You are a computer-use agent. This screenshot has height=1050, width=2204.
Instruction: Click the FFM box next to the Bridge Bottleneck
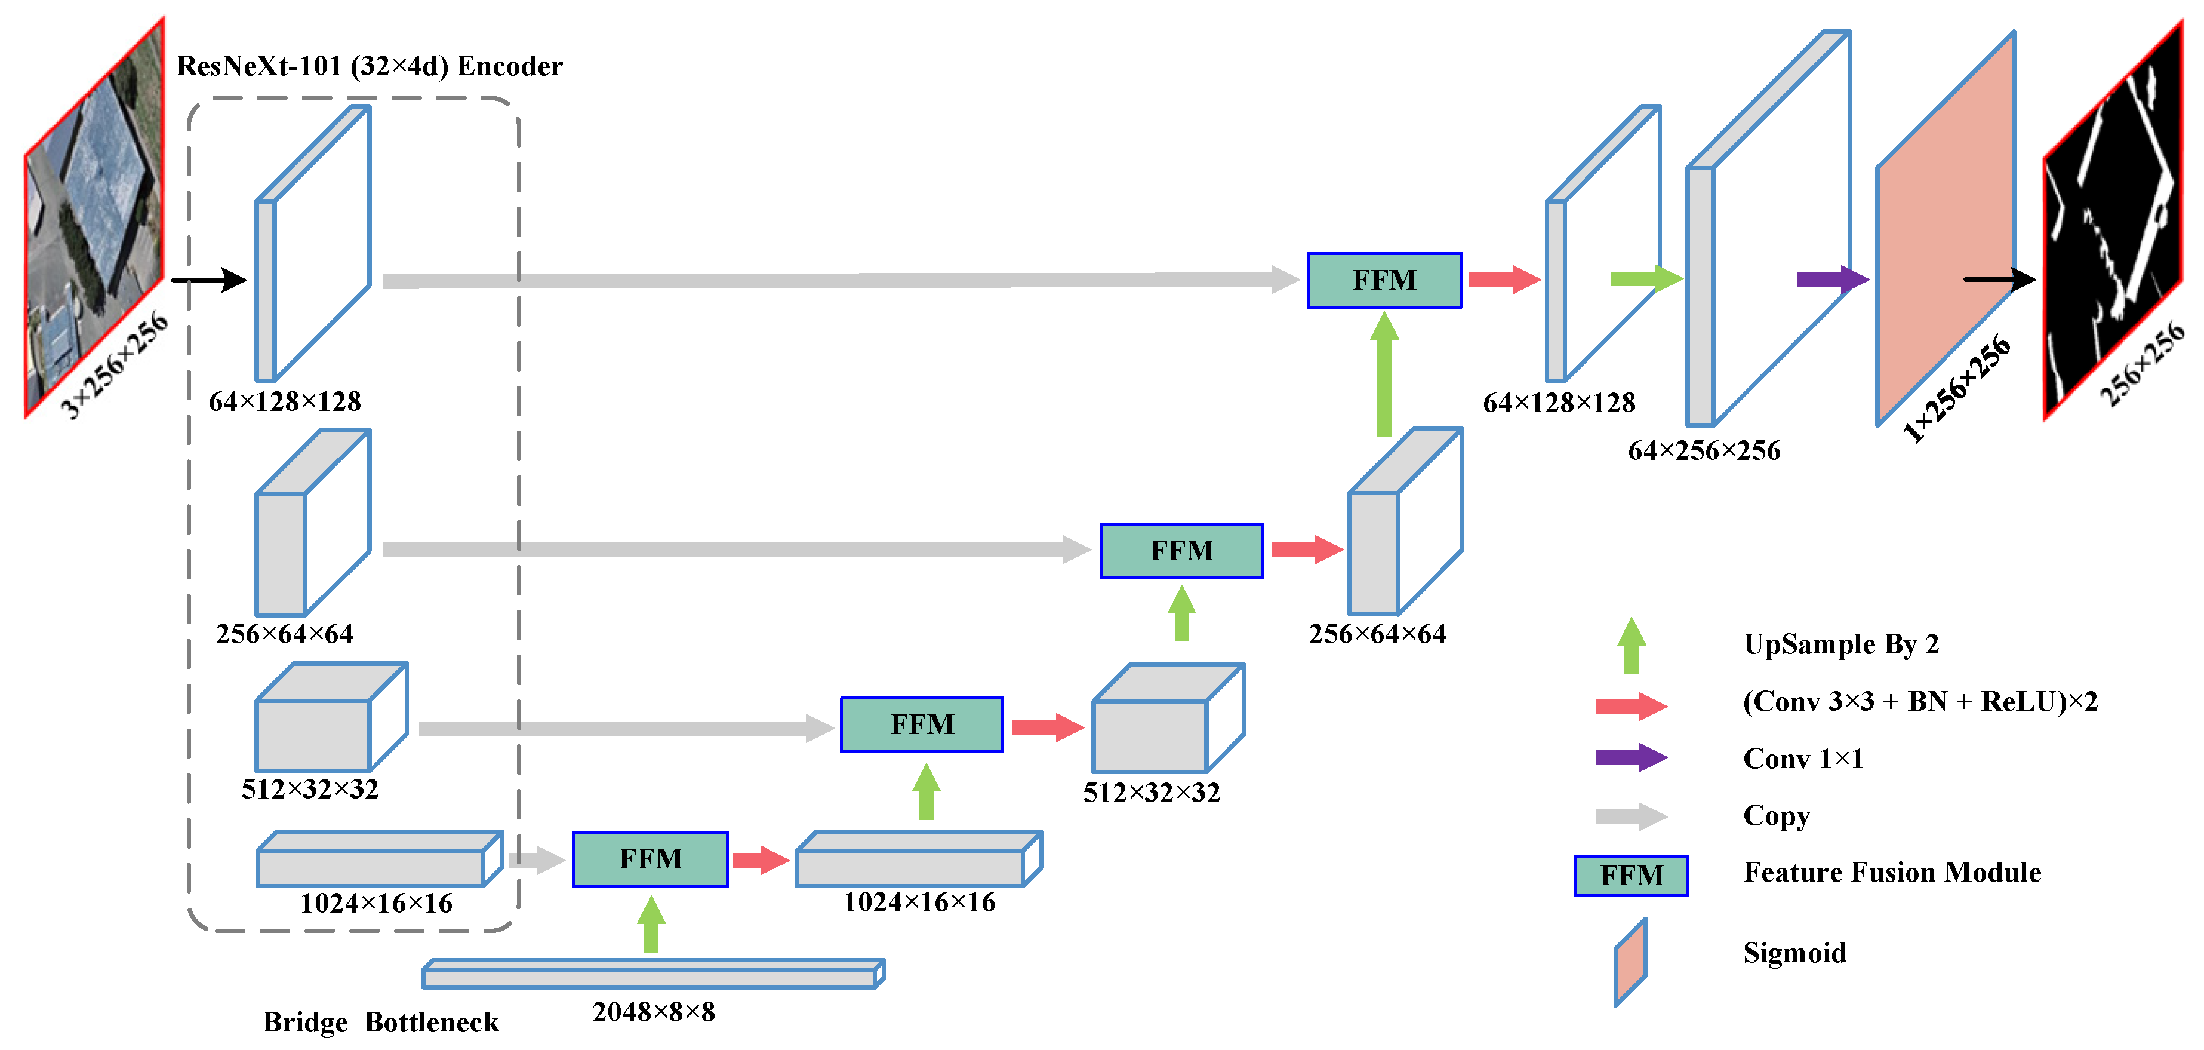pyautogui.click(x=650, y=858)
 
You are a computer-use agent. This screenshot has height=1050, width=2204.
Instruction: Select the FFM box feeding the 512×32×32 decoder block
pyautogui.click(x=922, y=725)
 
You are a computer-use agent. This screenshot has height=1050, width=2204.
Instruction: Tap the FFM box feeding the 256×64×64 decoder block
pyautogui.click(x=1181, y=550)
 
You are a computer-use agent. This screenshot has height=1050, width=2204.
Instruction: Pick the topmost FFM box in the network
pyautogui.click(x=1384, y=280)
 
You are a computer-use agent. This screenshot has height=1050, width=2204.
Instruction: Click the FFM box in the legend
pyautogui.click(x=1631, y=876)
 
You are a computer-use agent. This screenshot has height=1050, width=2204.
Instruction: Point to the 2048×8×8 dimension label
pyautogui.click(x=654, y=1012)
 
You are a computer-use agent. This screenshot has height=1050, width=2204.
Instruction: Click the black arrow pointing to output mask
pyautogui.click(x=1999, y=279)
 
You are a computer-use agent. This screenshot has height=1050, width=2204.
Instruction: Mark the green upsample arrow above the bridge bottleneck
pyautogui.click(x=651, y=924)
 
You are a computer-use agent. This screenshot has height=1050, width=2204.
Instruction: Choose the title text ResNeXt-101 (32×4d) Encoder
pyautogui.click(x=369, y=66)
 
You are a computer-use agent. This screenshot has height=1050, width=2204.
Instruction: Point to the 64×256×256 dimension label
pyautogui.click(x=1704, y=450)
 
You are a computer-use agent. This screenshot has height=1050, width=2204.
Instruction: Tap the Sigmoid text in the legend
pyautogui.click(x=1794, y=953)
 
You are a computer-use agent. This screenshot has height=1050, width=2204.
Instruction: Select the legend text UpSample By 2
pyautogui.click(x=1840, y=643)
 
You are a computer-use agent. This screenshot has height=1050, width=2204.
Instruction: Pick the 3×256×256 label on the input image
pyautogui.click(x=115, y=366)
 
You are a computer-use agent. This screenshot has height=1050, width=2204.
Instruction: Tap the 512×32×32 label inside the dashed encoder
pyautogui.click(x=310, y=788)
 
